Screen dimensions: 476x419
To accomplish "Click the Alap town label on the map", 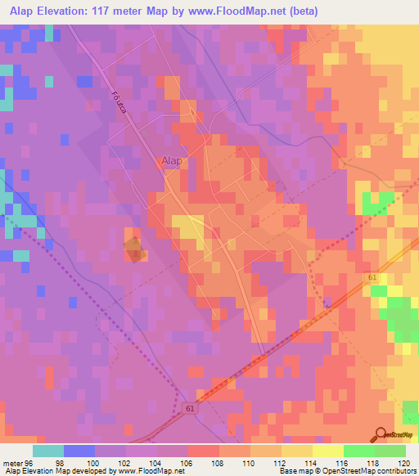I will click(x=171, y=161).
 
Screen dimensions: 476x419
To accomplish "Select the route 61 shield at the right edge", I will click(x=373, y=279).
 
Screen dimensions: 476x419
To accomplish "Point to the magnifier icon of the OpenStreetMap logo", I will click(x=381, y=434).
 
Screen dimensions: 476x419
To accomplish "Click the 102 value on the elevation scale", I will click(x=125, y=462).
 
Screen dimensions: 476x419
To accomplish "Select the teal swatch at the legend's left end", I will click(x=48, y=451).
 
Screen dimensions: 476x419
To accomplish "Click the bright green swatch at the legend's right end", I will click(x=390, y=451).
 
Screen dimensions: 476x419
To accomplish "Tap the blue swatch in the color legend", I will click(x=79, y=451).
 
